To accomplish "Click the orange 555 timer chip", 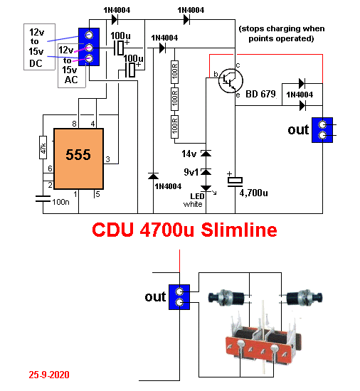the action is pos(78,159).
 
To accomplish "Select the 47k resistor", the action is pos(43,147).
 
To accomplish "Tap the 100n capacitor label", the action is pos(60,202).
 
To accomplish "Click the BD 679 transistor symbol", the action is pos(231,80).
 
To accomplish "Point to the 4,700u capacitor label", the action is pos(253,193).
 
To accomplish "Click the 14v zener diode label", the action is pos(189,154).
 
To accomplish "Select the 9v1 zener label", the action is pos(191,172).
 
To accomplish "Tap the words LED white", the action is pos(194,200).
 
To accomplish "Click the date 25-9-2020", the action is pos(49,375).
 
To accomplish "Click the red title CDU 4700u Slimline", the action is pos(184,230).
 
